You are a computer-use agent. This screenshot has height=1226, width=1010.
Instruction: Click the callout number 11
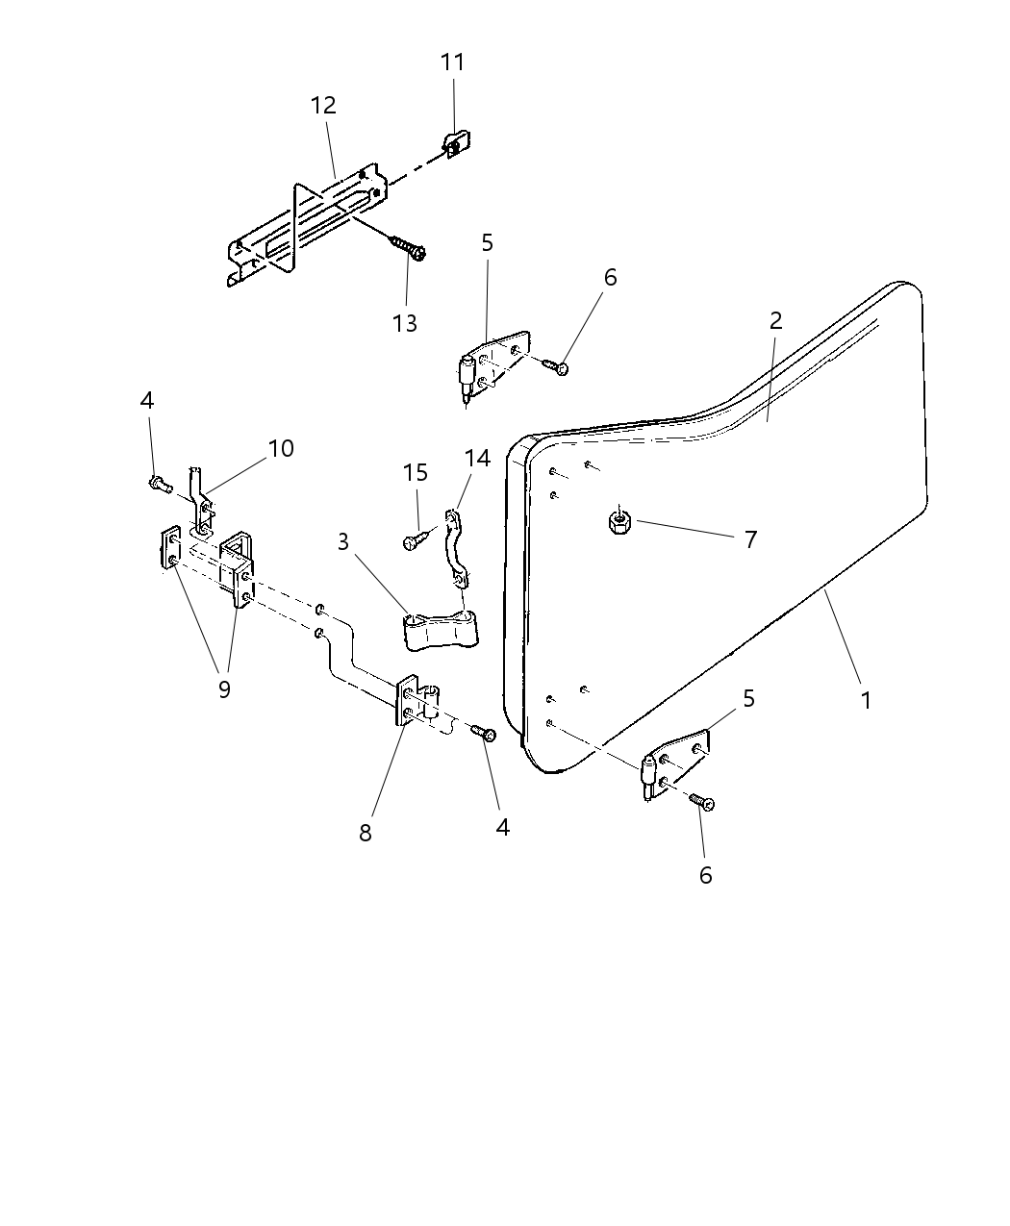tap(452, 63)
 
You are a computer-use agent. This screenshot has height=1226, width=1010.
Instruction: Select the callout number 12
tap(323, 106)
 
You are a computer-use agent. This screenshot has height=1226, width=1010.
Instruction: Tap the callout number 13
tap(405, 323)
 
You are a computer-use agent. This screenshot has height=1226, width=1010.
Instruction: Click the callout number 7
tap(751, 538)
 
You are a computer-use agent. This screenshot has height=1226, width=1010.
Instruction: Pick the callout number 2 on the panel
tap(775, 321)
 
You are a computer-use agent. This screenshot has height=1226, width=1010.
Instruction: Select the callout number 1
tap(866, 701)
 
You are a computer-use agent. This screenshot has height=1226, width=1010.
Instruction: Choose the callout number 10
tap(281, 448)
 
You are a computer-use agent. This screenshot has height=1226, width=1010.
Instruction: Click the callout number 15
tap(415, 473)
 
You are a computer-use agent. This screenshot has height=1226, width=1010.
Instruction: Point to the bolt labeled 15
tap(413, 541)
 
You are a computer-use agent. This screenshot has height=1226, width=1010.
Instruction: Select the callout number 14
tap(478, 459)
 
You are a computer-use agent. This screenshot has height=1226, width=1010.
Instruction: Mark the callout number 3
tap(343, 541)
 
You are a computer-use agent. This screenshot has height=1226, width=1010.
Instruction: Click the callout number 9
tap(224, 688)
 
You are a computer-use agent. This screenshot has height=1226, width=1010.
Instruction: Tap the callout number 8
tap(366, 833)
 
